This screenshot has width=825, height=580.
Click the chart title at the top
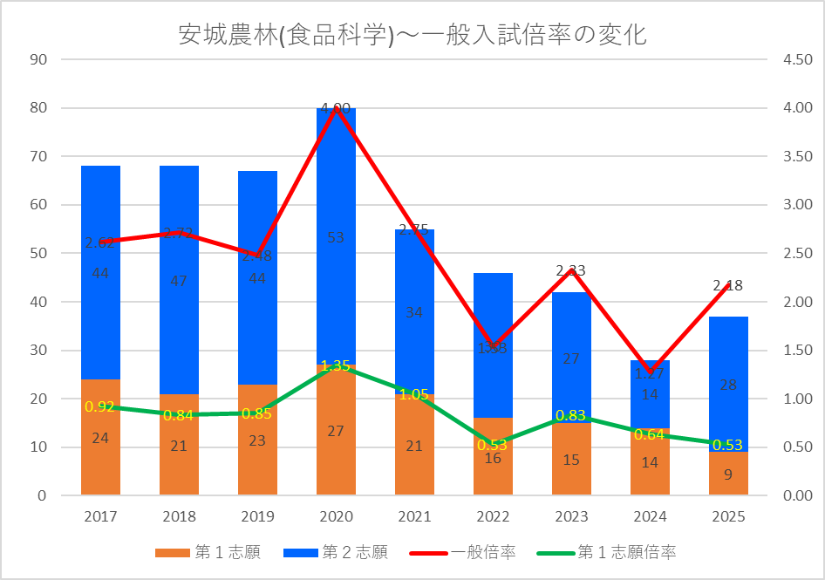point(412,35)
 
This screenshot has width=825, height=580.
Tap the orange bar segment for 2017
point(100,454)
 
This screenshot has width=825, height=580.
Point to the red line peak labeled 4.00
point(336,108)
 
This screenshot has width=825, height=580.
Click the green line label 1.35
point(336,365)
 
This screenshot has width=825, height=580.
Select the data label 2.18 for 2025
point(728,285)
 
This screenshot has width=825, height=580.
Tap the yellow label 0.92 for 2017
point(100,406)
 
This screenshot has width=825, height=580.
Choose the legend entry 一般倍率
point(482,552)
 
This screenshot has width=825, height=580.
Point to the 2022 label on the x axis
point(493,516)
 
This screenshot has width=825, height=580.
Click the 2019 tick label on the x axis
point(257,516)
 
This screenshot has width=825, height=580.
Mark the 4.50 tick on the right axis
point(786,60)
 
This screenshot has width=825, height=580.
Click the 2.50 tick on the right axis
point(786,254)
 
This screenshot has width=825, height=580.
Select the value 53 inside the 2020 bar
point(336,237)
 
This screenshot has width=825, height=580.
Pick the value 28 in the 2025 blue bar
point(728,386)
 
